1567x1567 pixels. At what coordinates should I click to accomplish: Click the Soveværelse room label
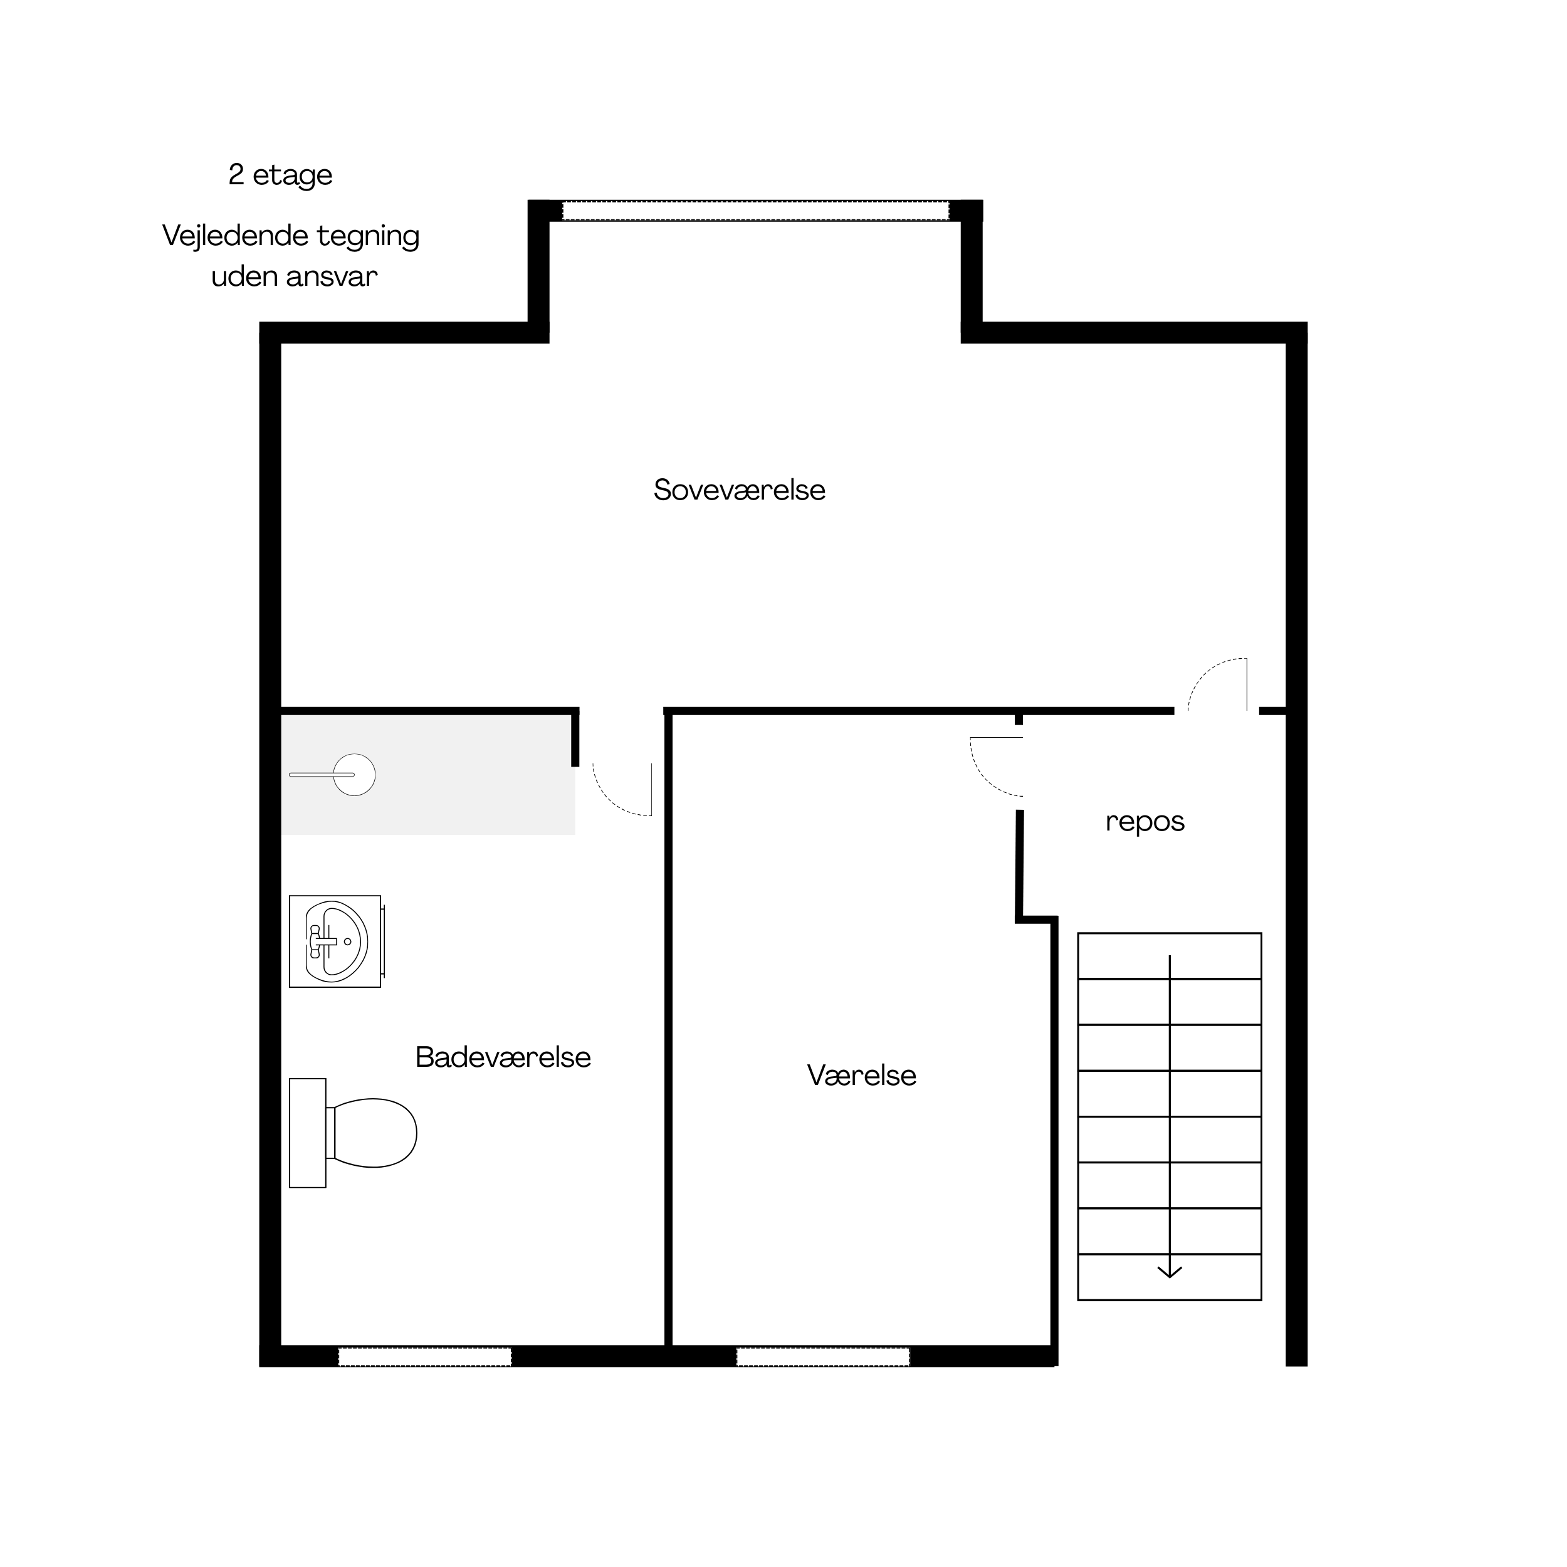(x=739, y=490)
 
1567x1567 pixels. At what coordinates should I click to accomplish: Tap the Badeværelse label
(x=503, y=1057)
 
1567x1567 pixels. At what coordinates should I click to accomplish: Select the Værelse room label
(x=861, y=1075)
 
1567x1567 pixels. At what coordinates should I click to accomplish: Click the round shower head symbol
(x=354, y=775)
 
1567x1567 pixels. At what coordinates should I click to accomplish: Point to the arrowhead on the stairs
(x=1169, y=1272)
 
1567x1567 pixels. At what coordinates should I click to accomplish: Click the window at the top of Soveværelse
(x=755, y=211)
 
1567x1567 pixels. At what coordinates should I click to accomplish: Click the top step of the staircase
(x=1169, y=956)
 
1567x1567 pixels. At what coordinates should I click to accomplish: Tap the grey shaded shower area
(x=427, y=775)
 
